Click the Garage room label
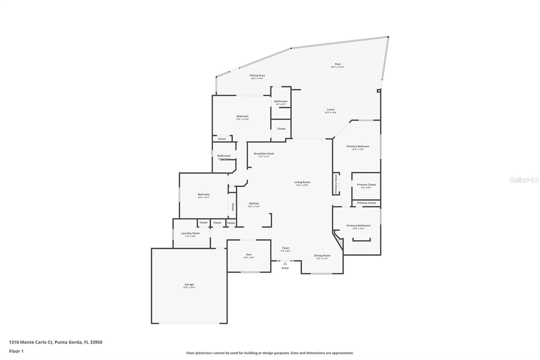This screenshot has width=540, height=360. tap(189, 284)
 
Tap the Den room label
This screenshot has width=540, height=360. tap(249, 255)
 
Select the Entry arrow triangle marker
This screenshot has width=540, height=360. tap(285, 263)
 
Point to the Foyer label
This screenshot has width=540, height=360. tap(286, 248)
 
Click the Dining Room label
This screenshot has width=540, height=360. tap(322, 256)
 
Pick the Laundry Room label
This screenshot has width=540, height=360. tap(190, 233)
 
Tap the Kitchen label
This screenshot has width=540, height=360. tap(254, 204)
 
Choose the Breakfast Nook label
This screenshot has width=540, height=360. tap(264, 154)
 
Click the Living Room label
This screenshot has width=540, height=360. tap(302, 182)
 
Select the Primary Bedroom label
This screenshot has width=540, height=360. tap(358, 147)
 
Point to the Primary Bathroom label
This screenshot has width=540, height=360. tap(358, 226)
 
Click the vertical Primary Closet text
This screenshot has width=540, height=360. tap(336, 184)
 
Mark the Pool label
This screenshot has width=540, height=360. tap(337, 64)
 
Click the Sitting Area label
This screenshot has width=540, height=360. tap(257, 76)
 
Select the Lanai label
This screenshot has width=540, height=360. tap(331, 109)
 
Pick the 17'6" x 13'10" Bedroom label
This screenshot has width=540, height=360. tap(242, 117)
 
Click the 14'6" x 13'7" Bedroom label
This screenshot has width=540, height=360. tap(204, 195)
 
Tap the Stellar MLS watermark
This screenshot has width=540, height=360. tap(524, 180)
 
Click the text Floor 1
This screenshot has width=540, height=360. tap(16, 351)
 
